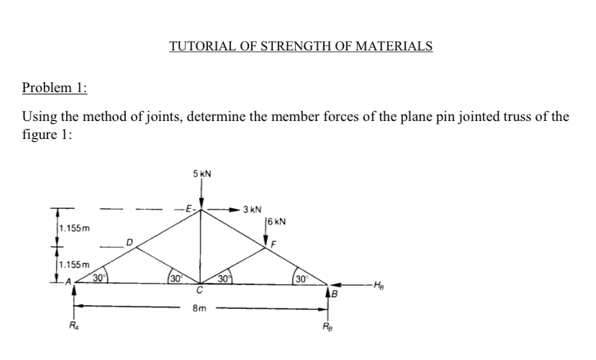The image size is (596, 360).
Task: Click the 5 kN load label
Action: pos(202,174)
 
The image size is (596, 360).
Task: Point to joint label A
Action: pos(69,282)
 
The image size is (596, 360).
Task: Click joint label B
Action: pos(335,293)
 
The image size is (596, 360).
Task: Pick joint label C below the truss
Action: pos(203,292)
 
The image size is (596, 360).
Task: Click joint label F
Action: pos(274,245)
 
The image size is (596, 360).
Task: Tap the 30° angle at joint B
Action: pos(300,277)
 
